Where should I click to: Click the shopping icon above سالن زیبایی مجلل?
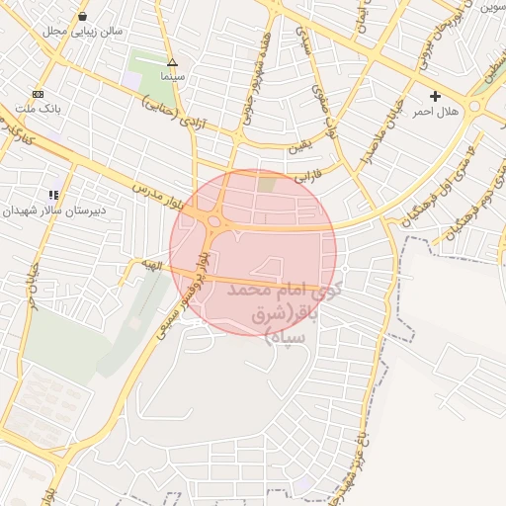point(82,16)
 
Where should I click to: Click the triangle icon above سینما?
point(173,62)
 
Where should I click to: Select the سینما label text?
point(174,76)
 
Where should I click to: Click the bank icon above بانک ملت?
point(39,93)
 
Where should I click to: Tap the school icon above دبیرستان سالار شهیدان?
point(53,196)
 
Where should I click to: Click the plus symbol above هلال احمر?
point(435,96)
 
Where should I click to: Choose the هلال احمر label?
point(436,112)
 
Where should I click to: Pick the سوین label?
point(494,6)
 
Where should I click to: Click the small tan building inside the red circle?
point(267,183)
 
